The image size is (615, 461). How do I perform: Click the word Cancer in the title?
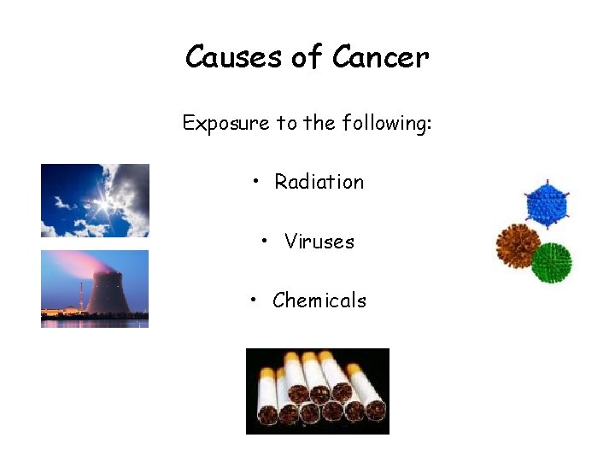pos(380,57)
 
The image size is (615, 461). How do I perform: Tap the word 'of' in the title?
pos(307,57)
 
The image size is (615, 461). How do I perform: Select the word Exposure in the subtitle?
pos(225,124)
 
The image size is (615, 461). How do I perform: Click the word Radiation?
pos(319,182)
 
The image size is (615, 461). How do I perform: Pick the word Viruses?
pos(319,242)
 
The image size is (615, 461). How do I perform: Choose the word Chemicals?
pos(319,301)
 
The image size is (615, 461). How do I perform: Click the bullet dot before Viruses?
pos(266,242)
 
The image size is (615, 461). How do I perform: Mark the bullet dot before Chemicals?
pos(254,301)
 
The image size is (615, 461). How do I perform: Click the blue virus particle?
pos(547,205)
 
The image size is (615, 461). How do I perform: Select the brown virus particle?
pos(518,246)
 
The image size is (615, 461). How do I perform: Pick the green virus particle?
pos(551,263)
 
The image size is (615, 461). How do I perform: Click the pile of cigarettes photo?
pos(317,391)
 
